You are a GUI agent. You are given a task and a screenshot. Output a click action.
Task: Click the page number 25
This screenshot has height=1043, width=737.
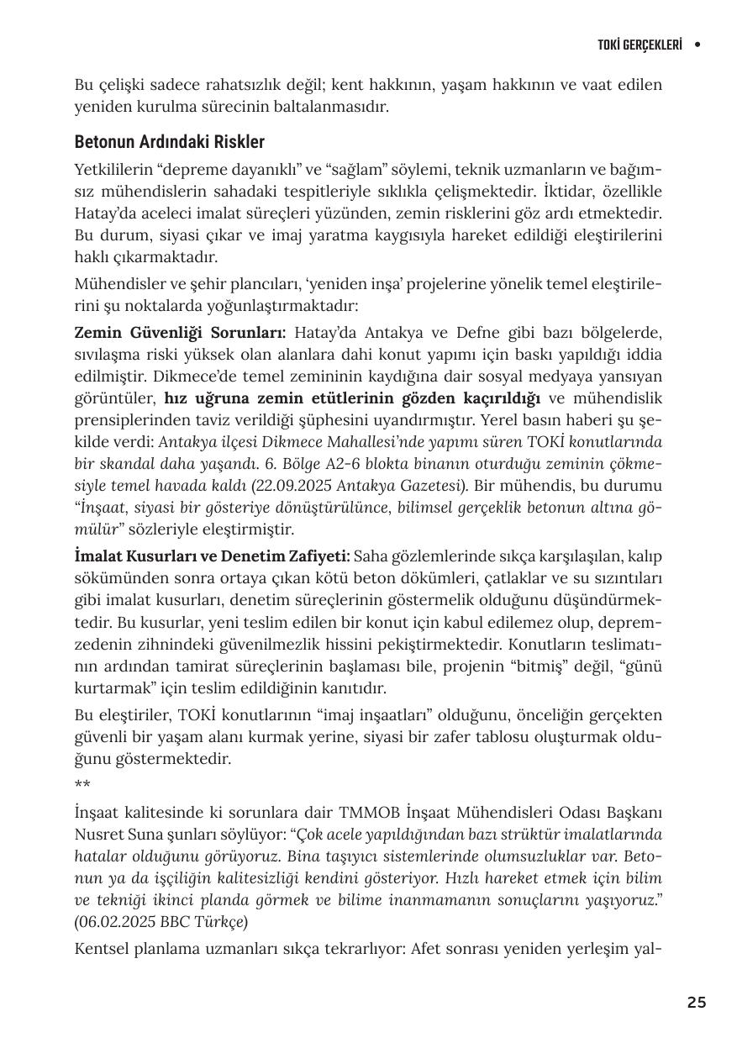point(696,1002)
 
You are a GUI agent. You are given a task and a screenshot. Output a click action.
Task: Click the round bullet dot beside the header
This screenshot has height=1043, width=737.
point(698,45)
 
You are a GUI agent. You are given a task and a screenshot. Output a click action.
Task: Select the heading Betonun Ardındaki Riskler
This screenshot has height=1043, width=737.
point(169,141)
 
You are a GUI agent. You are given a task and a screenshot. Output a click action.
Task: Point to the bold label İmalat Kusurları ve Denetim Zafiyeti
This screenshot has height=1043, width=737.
point(212,556)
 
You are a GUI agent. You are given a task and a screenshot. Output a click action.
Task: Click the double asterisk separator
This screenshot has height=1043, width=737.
point(82,785)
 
